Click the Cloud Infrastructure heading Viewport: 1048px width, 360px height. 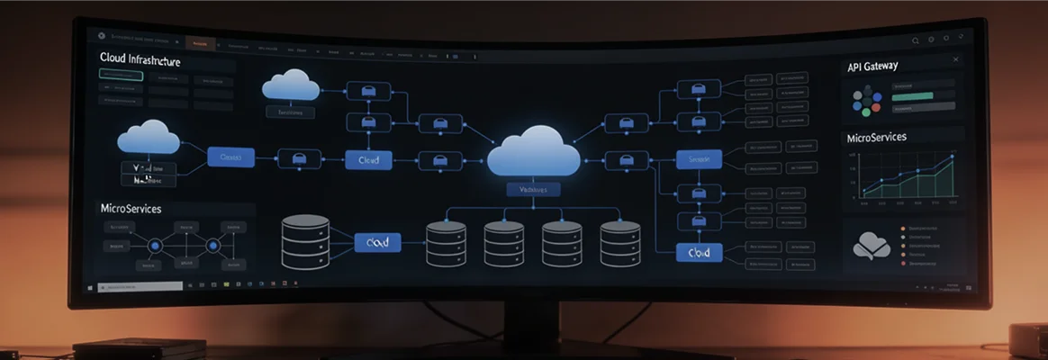coord(140,60)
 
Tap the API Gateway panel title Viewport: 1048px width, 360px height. coord(872,67)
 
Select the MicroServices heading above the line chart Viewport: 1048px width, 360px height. coord(876,138)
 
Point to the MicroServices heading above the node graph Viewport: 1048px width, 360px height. coord(131,209)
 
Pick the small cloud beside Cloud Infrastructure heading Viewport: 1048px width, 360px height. coord(291,85)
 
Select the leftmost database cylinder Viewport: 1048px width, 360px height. coord(305,241)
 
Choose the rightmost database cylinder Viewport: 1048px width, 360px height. coord(620,243)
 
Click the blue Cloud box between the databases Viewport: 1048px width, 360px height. coord(376,242)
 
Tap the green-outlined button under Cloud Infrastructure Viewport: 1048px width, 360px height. coord(122,76)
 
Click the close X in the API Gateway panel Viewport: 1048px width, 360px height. coord(955,60)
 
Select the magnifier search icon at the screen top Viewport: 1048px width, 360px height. coord(916,40)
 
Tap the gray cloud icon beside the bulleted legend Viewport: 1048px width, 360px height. coord(872,244)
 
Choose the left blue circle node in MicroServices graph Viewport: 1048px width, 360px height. coord(153,244)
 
